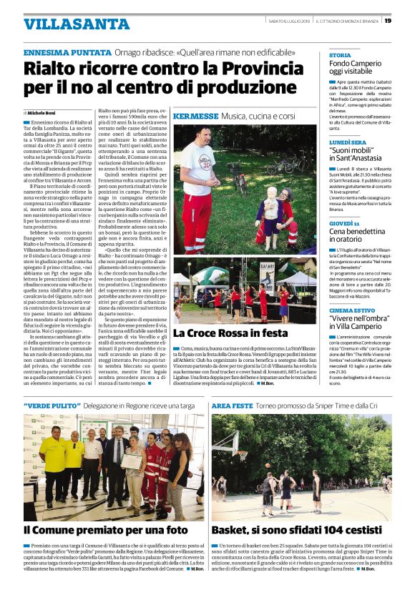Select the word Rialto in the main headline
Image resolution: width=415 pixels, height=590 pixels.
[51, 69]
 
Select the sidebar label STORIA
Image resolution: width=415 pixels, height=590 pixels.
[339, 55]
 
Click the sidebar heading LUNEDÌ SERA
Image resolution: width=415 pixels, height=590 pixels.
[348, 142]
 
